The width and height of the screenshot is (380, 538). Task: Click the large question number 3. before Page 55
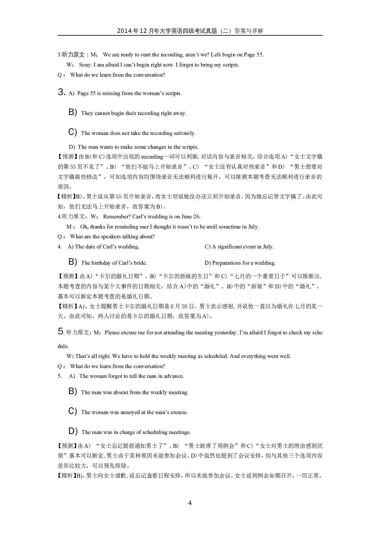[x=61, y=92]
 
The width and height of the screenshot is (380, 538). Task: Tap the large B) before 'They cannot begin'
[x=73, y=112]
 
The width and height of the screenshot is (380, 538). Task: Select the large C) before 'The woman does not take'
[x=73, y=132]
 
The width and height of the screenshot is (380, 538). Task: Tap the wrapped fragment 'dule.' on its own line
[x=63, y=346]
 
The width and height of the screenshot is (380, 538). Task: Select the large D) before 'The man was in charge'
[x=73, y=431]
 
